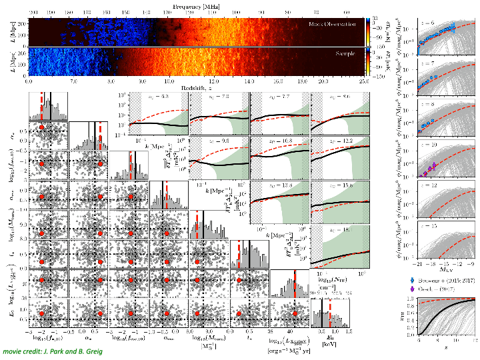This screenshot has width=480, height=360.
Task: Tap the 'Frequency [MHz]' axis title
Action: (197, 5)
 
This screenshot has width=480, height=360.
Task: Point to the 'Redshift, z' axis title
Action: (197, 87)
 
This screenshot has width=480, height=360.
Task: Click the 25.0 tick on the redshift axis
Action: (363, 81)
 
